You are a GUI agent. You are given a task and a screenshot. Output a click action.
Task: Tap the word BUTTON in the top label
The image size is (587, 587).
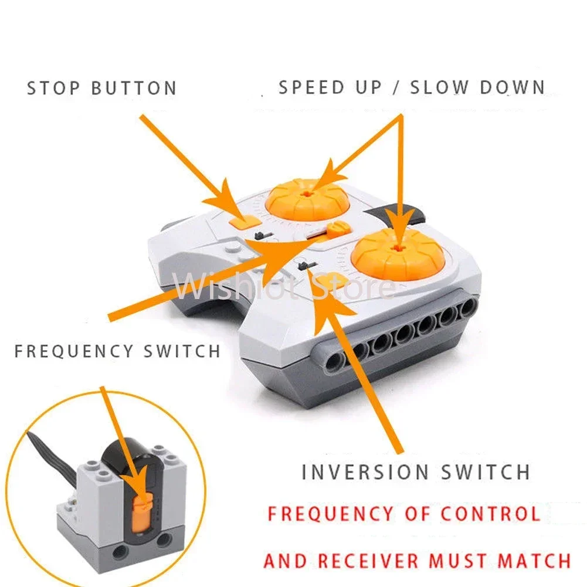134,89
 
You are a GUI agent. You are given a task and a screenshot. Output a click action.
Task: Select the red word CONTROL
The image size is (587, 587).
490,514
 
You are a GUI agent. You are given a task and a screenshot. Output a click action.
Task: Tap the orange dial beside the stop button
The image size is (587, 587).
307,200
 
